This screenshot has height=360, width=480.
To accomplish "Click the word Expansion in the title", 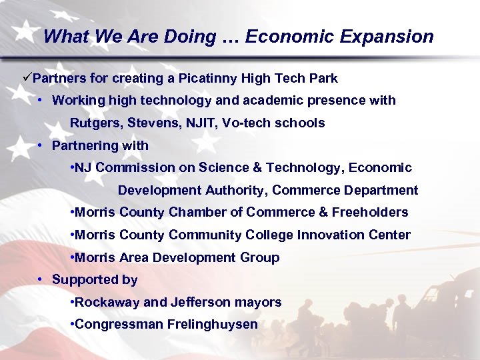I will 387,37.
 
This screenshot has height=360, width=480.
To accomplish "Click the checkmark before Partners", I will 27,78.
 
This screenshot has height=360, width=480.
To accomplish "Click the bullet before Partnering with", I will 41,145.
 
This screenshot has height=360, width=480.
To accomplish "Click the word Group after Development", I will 259,257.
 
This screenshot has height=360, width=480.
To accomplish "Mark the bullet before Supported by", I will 41,280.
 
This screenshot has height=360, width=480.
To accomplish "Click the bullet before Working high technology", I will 41,101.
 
